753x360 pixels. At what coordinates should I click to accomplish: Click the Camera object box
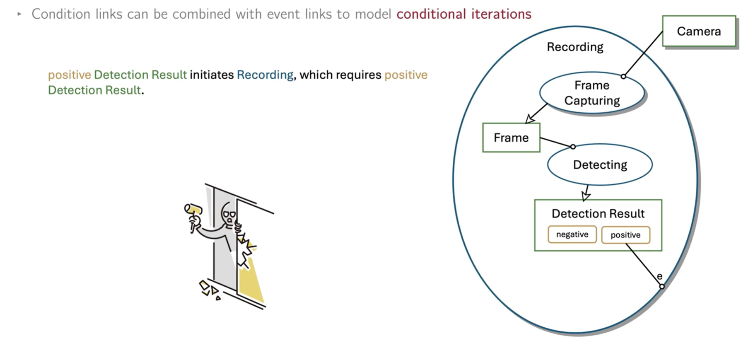point(699,31)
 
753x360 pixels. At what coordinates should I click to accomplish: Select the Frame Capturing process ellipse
point(592,93)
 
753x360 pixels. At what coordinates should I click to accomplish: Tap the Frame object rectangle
point(511,138)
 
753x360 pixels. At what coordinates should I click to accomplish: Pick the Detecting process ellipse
point(600,165)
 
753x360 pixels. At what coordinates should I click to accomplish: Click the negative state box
point(572,234)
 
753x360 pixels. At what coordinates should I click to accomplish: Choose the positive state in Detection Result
point(625,235)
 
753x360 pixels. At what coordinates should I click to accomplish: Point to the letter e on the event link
point(659,276)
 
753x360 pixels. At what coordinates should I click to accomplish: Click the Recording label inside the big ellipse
point(575,47)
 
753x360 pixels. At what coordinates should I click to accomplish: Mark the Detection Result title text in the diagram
point(598,214)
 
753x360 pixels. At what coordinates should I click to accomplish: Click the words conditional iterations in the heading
point(464,14)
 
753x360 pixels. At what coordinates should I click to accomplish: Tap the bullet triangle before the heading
point(19,14)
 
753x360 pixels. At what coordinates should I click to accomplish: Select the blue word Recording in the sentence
point(265,75)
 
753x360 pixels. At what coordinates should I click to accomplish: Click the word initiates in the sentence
point(212,75)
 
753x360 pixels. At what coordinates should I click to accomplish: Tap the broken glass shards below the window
point(209,289)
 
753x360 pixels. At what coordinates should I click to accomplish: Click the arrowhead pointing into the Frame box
point(529,119)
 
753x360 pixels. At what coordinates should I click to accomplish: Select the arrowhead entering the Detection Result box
point(586,196)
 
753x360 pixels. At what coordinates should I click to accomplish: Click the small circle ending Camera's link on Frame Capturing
point(623,76)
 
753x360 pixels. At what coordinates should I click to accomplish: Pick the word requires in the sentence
point(358,75)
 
